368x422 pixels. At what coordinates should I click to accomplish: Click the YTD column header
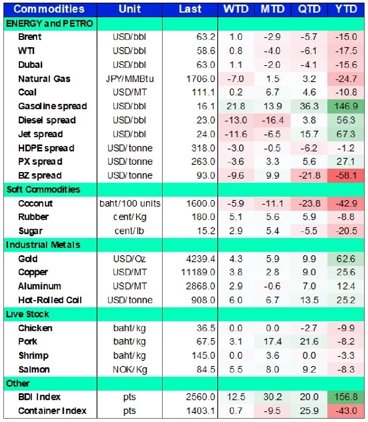pyautogui.click(x=346, y=8)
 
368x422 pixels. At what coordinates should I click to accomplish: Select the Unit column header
pyautogui.click(x=130, y=8)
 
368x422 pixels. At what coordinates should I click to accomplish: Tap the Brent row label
pyautogui.click(x=30, y=37)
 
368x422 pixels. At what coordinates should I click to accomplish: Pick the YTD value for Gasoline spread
pyautogui.click(x=346, y=106)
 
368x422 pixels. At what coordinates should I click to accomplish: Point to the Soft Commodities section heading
pyautogui.click(x=43, y=190)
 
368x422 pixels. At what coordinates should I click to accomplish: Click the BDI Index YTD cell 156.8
pyautogui.click(x=346, y=397)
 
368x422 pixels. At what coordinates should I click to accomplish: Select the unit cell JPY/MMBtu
pyautogui.click(x=130, y=79)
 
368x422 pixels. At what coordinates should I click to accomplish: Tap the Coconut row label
pyautogui.click(x=36, y=204)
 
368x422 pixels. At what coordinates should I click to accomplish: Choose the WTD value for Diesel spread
pyautogui.click(x=235, y=120)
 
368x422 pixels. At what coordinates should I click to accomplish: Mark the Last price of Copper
pyautogui.click(x=198, y=273)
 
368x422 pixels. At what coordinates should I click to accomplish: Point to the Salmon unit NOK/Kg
pyautogui.click(x=130, y=369)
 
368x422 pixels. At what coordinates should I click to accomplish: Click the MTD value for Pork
pyautogui.click(x=273, y=342)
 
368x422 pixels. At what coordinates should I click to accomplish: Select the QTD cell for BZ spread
pyautogui.click(x=309, y=176)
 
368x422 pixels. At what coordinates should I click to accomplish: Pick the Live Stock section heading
pyautogui.click(x=28, y=314)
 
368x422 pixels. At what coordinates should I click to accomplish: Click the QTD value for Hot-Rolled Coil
pyautogui.click(x=309, y=300)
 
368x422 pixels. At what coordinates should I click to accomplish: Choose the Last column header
pyautogui.click(x=190, y=8)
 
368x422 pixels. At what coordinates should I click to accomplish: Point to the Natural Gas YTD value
pyautogui.click(x=346, y=79)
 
